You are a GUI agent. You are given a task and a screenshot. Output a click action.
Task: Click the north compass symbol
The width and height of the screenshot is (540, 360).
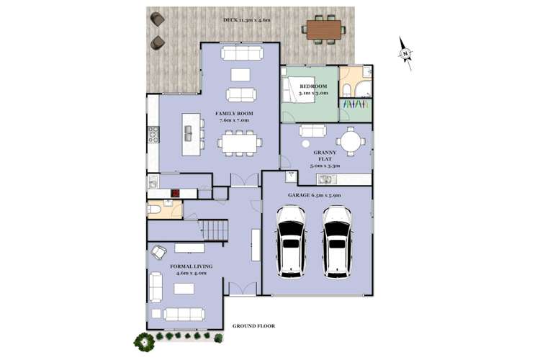coord(406,52)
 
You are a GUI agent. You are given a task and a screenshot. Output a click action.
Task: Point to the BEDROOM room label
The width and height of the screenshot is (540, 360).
coord(314,89)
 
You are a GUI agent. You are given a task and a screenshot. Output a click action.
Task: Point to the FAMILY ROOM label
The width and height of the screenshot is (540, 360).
coord(233,117)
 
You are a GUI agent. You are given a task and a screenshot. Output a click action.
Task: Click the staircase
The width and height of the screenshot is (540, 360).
coord(215,231)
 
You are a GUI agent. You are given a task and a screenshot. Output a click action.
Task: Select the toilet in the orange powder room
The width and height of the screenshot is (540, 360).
coord(158,210)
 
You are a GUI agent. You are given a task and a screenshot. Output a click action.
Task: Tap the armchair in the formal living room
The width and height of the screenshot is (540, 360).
coord(159,252)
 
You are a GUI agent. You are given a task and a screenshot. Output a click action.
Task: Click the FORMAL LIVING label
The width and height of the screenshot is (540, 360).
coord(188,269)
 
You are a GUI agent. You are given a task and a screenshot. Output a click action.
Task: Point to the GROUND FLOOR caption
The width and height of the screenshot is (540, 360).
coord(253,326)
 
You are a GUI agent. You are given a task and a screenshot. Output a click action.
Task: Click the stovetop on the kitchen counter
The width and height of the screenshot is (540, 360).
coord(153,134)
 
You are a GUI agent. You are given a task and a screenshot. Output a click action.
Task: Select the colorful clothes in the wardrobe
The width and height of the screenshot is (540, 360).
coord(354,104)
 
